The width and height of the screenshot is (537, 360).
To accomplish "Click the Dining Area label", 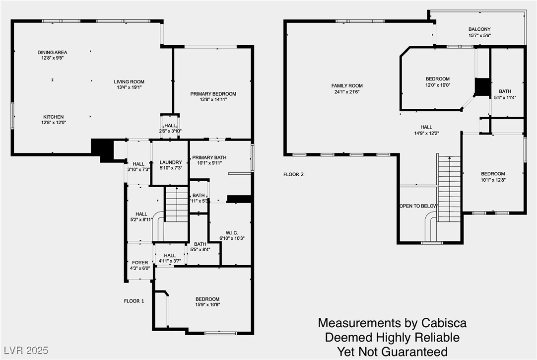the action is coord(53,53).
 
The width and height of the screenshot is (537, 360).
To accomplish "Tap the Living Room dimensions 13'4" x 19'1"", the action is coord(129,87).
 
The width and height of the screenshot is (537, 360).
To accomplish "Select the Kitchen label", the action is coord(54,117).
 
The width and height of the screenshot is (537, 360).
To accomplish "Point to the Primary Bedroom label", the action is coord(213,94).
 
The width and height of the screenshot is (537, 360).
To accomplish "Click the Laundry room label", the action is coord(171,162).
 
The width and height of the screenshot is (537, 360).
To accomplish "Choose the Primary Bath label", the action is coord(209,157).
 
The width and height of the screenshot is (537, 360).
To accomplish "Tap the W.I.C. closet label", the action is coord(232,233).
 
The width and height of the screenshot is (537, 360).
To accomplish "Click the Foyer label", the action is coord(140,263).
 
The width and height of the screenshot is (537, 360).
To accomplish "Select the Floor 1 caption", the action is coord(134,301).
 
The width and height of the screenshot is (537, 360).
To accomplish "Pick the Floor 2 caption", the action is coord(293,174).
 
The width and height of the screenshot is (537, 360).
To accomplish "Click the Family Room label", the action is coord(347,85).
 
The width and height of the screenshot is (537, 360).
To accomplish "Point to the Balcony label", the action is coord(479,29).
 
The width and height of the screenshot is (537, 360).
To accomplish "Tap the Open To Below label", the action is coord(418,206).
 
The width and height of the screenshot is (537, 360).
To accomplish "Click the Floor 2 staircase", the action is coord(449,189).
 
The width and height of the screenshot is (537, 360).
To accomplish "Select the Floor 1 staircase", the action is coord(177,204).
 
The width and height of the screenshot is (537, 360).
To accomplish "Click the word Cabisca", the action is coord(444,323).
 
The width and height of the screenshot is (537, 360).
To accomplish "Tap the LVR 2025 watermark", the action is coord(26,351).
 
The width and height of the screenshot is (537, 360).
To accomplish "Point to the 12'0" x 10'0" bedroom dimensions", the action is coord(438,85).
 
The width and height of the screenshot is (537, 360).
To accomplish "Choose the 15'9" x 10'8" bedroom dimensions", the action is coord(207,304).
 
